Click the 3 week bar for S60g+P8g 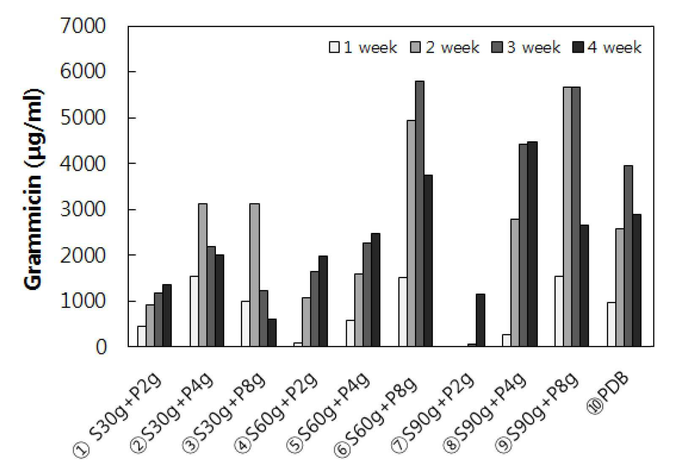tap(420, 214)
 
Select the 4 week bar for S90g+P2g tap(480, 320)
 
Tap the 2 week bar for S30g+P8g tap(255, 275)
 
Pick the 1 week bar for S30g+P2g tap(142, 336)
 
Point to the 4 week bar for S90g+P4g tap(533, 244)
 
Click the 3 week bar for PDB tap(628, 256)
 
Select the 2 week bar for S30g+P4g tap(202, 275)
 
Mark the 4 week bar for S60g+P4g tap(376, 290)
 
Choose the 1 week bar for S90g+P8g tap(559, 311)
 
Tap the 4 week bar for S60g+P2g tap(323, 301)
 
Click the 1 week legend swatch tap(334, 47)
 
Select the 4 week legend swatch tap(578, 47)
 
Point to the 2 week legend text tap(452, 48)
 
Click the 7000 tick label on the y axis tap(83, 26)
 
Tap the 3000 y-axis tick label tap(83, 209)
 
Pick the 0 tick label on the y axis tap(101, 347)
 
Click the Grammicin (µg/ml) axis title tap(33, 189)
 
